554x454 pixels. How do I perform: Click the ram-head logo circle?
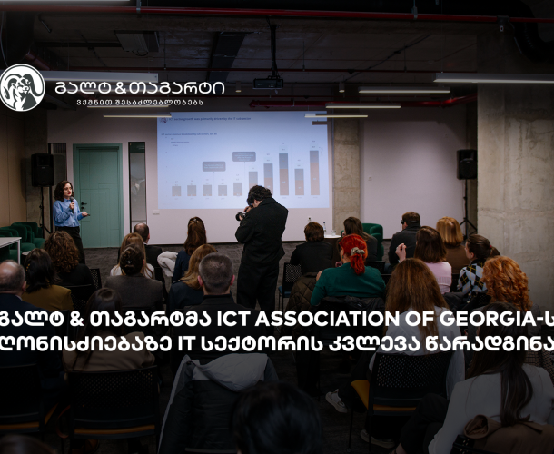tap(22, 88)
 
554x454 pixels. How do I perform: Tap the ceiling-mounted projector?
tap(268, 83)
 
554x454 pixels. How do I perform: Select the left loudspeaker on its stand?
tap(42, 170)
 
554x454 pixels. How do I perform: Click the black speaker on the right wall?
tap(466, 163)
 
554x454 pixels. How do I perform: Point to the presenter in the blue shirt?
tap(67, 212)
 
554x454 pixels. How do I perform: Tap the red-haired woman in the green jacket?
tap(350, 272)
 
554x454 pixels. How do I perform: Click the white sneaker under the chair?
tap(336, 400)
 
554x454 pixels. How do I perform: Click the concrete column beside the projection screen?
tap(346, 173)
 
